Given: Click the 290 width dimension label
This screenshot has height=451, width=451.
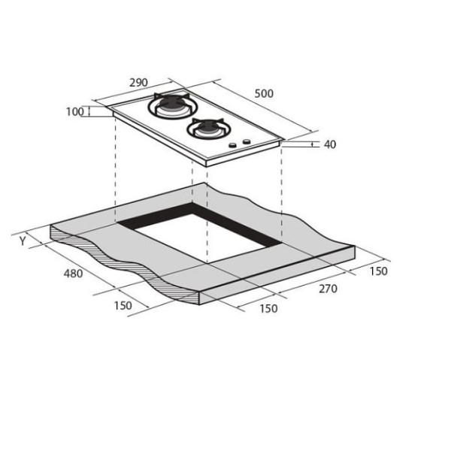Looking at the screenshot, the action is [138, 83].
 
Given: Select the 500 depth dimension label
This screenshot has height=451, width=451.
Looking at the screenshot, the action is [264, 93].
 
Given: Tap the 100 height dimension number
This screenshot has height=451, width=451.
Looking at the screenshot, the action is [74, 111].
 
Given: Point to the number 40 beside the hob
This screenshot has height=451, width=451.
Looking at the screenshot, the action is [330, 144].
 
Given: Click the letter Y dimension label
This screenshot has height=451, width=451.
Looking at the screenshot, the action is [23, 241].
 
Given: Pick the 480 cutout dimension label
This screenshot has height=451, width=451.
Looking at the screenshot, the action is [73, 274].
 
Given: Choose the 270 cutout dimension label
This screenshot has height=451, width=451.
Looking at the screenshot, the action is [328, 289].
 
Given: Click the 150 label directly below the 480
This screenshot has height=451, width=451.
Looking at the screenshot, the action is [123, 305].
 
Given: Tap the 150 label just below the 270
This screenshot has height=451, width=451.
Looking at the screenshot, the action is [268, 308].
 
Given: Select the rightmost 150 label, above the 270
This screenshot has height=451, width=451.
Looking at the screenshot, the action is [379, 271].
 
